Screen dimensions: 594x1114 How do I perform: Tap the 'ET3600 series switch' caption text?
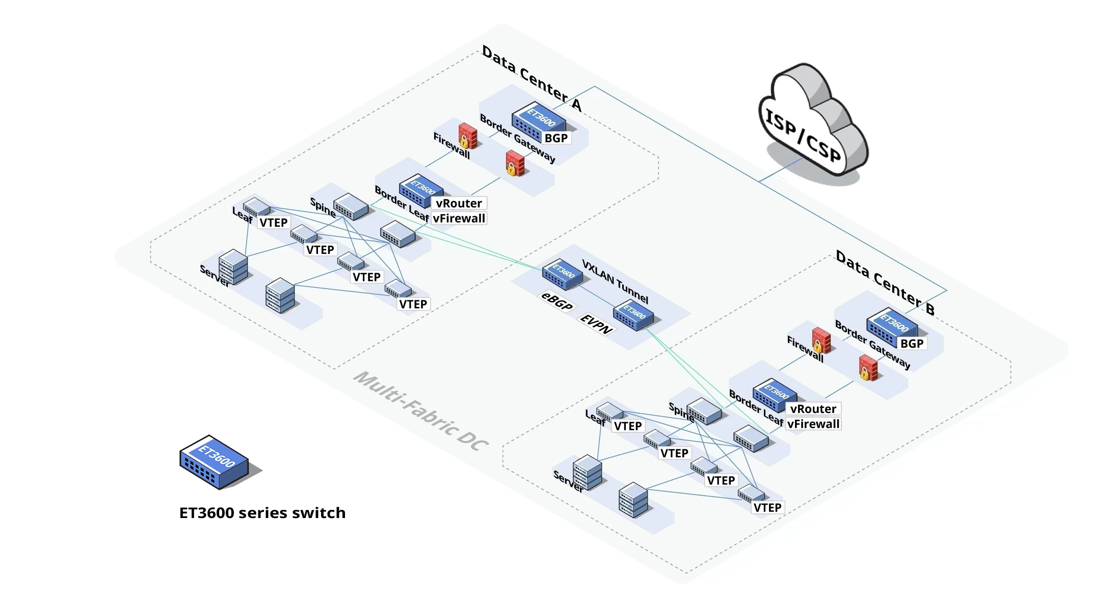[x=262, y=512]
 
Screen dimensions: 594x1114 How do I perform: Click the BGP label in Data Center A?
[x=556, y=138]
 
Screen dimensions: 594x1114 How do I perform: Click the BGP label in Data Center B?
[x=912, y=344]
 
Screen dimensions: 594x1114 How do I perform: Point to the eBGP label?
[x=556, y=301]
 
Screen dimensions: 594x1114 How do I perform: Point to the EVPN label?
[x=596, y=324]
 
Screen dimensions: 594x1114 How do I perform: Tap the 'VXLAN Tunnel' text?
[x=615, y=281]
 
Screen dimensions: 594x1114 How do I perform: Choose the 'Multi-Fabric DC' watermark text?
[x=421, y=411]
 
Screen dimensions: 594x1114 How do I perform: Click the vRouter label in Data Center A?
[x=459, y=203]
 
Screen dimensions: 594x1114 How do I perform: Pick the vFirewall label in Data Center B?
[x=813, y=424]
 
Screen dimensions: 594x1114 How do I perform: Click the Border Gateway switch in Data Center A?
[x=538, y=122]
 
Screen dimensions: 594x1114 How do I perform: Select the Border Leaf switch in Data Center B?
[x=775, y=395]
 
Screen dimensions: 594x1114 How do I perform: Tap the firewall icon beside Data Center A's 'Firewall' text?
[x=467, y=136]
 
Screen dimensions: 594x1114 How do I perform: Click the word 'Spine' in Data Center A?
[x=323, y=207]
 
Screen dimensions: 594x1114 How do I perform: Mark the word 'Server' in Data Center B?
[x=568, y=481]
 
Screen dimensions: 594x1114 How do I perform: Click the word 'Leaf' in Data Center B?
[x=595, y=418]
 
